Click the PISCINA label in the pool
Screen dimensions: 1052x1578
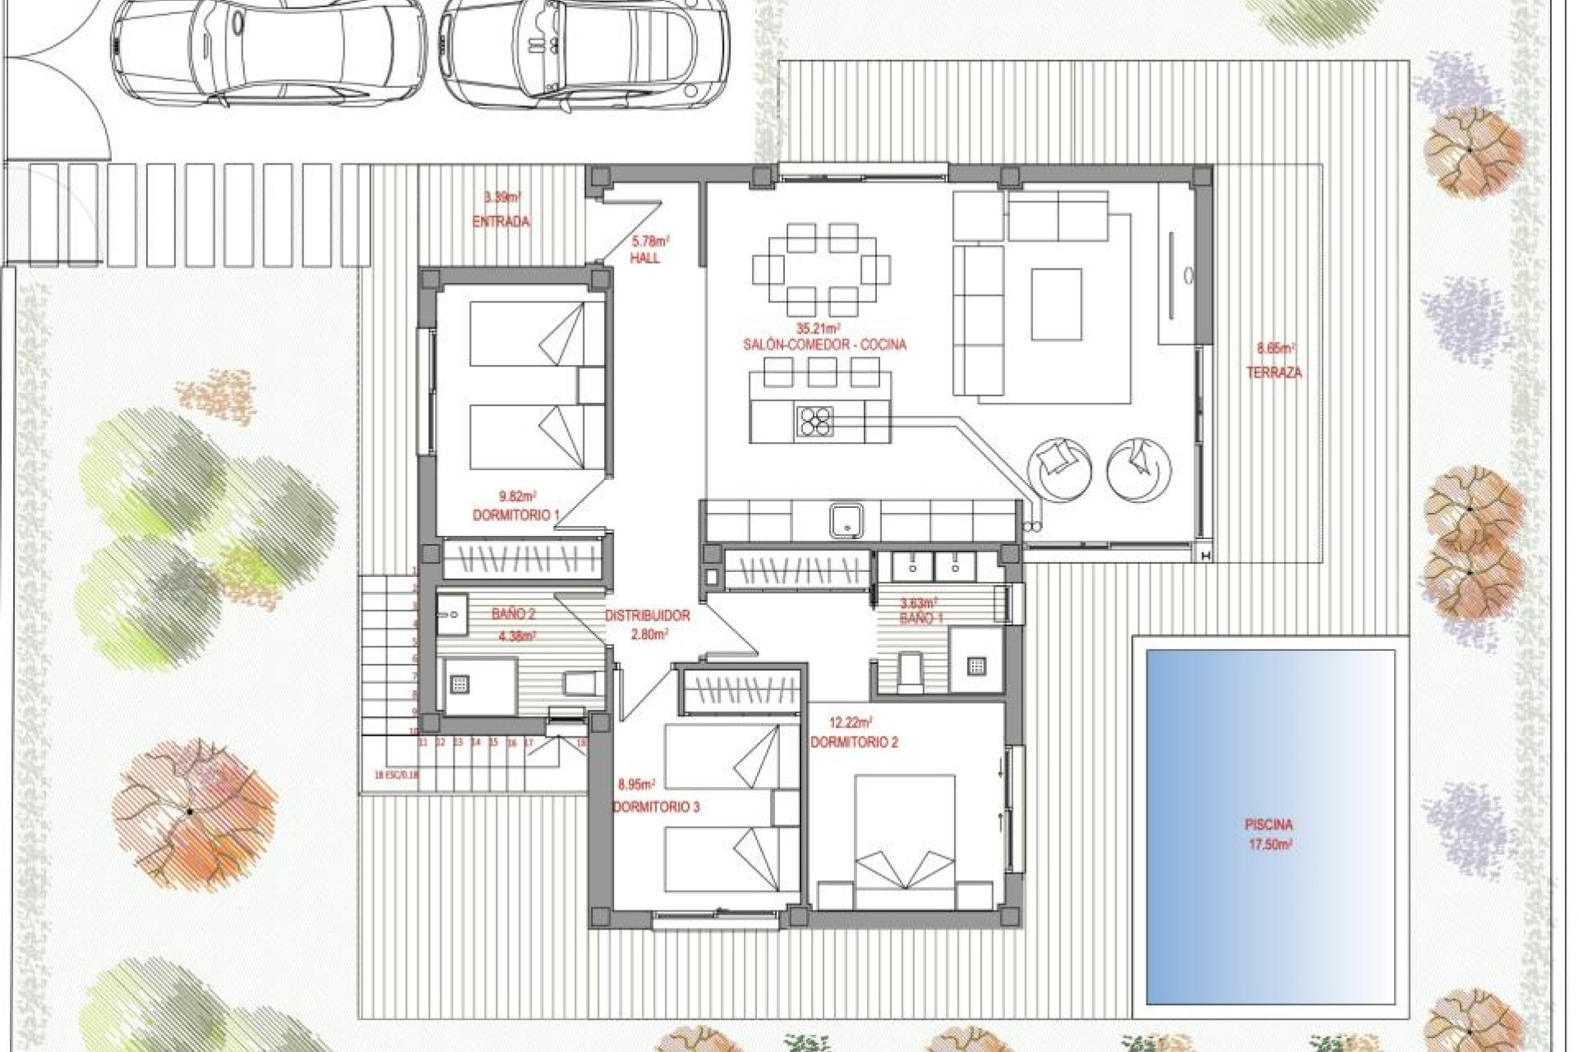click(x=1268, y=824)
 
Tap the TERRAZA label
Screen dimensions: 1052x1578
click(x=1274, y=372)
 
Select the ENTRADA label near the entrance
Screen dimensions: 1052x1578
click(x=501, y=222)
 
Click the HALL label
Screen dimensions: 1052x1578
click(x=644, y=258)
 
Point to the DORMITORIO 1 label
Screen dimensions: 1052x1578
click(x=515, y=515)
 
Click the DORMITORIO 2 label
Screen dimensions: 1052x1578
click(x=854, y=742)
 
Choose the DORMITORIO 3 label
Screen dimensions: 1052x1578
click(x=656, y=807)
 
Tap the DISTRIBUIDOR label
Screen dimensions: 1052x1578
click(x=648, y=616)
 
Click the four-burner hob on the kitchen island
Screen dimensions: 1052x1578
click(x=814, y=422)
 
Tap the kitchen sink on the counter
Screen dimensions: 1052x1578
click(x=845, y=520)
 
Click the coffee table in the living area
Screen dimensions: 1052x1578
click(x=1056, y=304)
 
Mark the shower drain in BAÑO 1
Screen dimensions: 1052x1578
click(x=976, y=667)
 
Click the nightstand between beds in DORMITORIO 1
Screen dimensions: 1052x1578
click(x=591, y=385)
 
